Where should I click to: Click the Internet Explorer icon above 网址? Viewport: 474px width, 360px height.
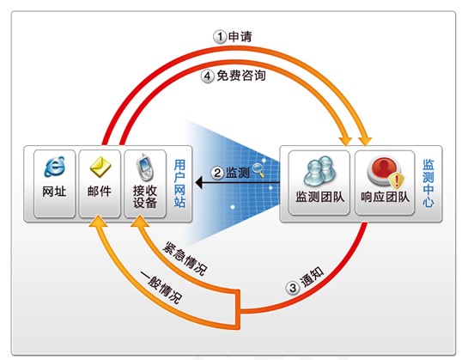[53, 164]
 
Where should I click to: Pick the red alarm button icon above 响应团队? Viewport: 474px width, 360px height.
[381, 167]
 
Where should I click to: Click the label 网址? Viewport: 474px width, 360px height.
[53, 191]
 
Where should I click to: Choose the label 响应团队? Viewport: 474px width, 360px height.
[385, 197]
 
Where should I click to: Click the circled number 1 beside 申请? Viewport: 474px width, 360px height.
[220, 37]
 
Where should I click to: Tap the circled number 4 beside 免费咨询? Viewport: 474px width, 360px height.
[208, 76]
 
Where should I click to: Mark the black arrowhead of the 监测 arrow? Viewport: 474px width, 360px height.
[198, 180]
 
